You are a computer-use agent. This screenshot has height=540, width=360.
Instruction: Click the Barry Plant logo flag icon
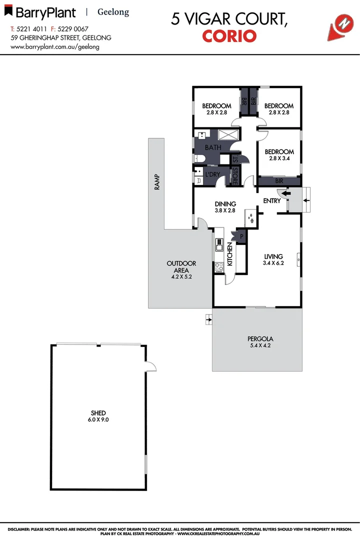point(7,9)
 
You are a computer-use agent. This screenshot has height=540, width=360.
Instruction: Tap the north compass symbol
point(342,25)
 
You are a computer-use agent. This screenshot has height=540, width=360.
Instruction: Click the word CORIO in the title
point(229,36)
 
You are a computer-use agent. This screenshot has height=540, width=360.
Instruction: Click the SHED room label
point(98,416)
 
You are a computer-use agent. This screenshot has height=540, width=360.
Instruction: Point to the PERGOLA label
point(257,342)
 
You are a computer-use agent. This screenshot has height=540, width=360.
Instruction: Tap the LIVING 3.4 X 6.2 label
point(273,259)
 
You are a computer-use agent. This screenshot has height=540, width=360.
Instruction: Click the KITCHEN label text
point(230,253)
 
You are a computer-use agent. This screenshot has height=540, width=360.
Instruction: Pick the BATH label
point(213,148)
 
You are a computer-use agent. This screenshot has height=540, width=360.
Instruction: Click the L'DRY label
point(212,174)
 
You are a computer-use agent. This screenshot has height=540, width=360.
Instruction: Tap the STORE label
point(234,175)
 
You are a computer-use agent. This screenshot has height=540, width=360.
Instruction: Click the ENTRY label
point(272,201)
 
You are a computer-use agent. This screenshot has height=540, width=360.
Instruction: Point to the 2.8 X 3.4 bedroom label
point(279,155)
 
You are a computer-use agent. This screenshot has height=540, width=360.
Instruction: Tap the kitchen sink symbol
point(219,245)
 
